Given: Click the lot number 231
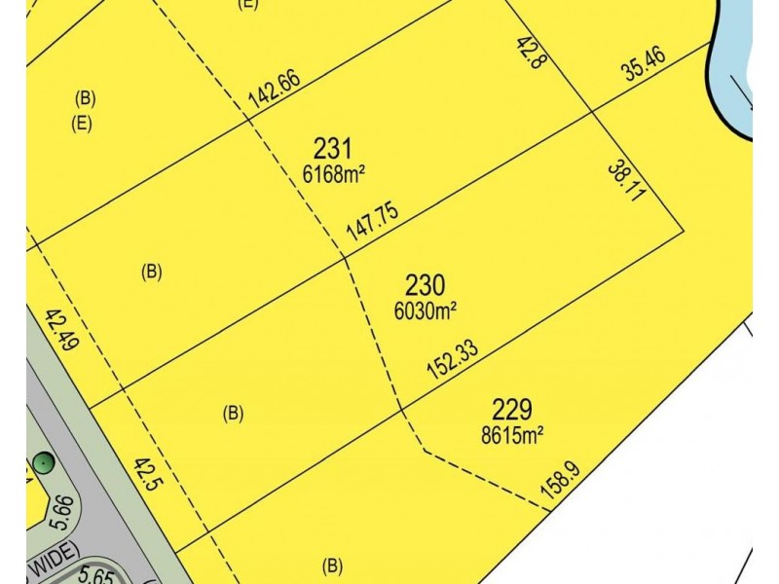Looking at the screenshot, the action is tap(332, 149).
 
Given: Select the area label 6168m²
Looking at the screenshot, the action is tap(333, 174).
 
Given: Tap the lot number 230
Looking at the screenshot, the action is tap(425, 285).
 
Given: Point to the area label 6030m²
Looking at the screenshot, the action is tap(426, 310).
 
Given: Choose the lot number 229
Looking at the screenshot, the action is tap(512, 410).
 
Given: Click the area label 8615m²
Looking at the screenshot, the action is tap(512, 435).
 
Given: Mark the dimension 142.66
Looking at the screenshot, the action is tap(274, 92).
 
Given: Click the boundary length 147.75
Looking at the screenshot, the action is tap(373, 225).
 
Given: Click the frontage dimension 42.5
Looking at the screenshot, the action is tap(147, 479).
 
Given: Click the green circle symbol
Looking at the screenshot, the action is tap(42, 462).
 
